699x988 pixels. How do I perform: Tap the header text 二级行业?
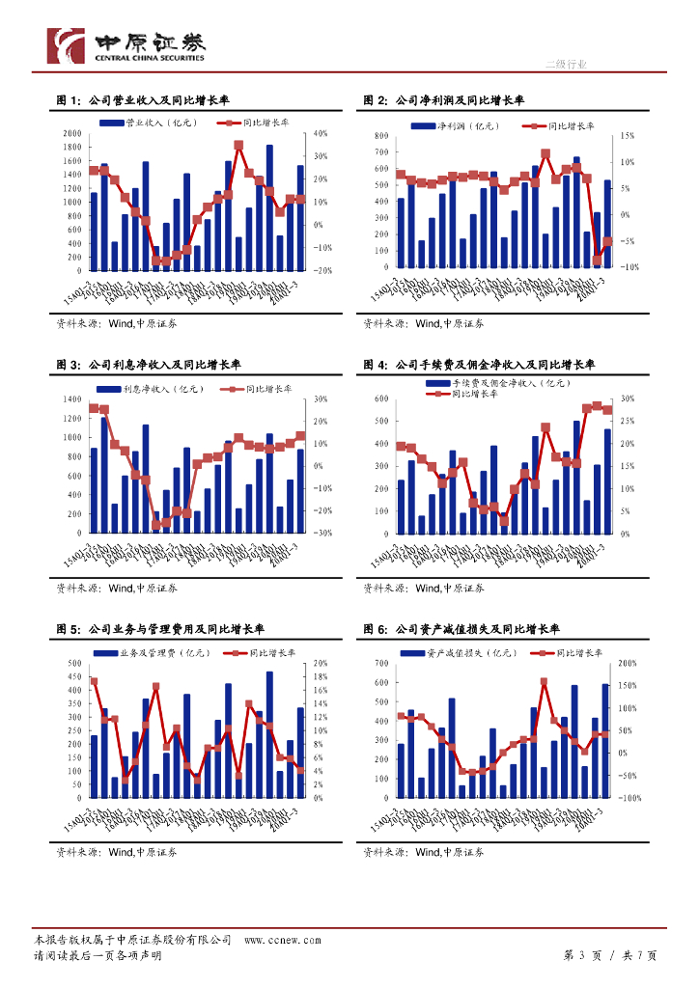[566, 64]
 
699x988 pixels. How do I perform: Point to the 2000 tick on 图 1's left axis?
[72, 133]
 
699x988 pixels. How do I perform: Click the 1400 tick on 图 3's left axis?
[72, 398]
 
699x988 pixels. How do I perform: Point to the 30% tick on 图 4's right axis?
[628, 398]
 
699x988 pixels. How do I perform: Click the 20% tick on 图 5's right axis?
[322, 664]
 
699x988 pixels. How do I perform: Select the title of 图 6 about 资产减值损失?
[461, 629]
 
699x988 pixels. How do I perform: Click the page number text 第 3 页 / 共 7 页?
[609, 955]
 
